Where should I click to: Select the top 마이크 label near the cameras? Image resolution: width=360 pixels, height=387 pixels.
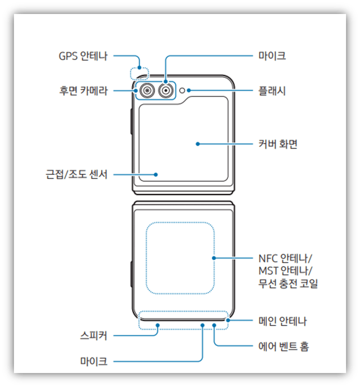point(271,56)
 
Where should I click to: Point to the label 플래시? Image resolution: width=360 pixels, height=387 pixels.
point(271,91)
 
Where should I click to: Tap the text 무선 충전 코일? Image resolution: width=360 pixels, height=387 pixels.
point(287,284)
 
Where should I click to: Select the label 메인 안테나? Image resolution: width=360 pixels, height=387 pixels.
point(282,321)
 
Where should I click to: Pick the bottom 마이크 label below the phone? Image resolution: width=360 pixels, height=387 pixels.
point(93,361)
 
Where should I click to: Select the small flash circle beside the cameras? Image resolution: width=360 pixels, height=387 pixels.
point(183,91)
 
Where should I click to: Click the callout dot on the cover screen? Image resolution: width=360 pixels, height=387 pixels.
point(197,143)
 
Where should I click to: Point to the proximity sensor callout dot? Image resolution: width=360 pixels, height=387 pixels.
point(156,174)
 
